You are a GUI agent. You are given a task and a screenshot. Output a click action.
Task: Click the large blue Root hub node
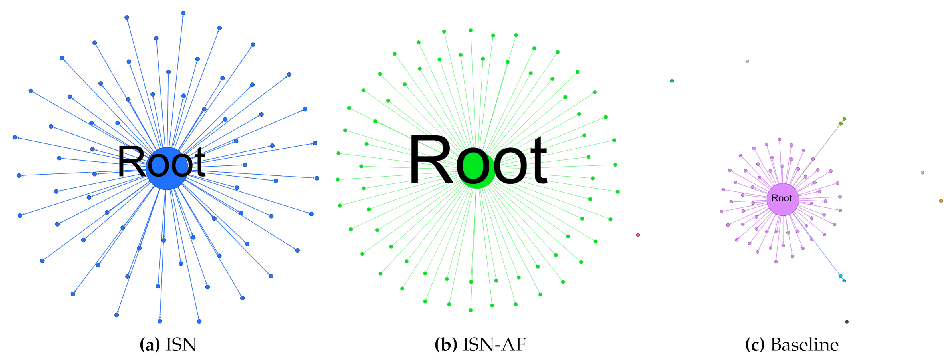pos(167,168)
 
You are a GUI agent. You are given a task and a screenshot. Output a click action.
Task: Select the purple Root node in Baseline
pos(782,199)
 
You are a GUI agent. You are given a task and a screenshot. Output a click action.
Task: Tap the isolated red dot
pos(638,235)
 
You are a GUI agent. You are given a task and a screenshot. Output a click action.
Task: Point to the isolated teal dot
pos(672,81)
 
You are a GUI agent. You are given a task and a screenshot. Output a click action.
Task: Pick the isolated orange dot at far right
pos(941,201)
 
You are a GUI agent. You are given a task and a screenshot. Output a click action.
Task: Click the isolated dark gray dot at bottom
pos(847,322)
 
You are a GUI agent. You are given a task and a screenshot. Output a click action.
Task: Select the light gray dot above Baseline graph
pos(747,61)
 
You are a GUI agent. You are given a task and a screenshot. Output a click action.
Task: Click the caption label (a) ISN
pos(168,344)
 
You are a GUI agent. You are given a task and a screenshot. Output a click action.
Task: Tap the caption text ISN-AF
pos(494,344)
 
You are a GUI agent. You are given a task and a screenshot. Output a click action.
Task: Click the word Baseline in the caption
pos(804,344)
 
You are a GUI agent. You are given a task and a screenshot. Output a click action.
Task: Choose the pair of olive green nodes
pos(842,122)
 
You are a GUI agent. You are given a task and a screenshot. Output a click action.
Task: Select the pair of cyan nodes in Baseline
pos(842,278)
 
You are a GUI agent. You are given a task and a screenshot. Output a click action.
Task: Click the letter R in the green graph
pos(431,160)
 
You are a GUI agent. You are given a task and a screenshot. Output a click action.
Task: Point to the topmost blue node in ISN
pos(183,13)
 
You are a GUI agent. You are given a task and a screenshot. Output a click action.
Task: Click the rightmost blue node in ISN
pos(317,178)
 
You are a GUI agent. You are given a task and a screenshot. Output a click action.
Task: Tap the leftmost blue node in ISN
pos(15,137)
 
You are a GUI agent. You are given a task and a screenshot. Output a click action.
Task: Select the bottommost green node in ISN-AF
pos(471,310)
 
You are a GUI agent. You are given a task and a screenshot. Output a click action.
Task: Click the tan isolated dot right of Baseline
pos(922,173)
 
